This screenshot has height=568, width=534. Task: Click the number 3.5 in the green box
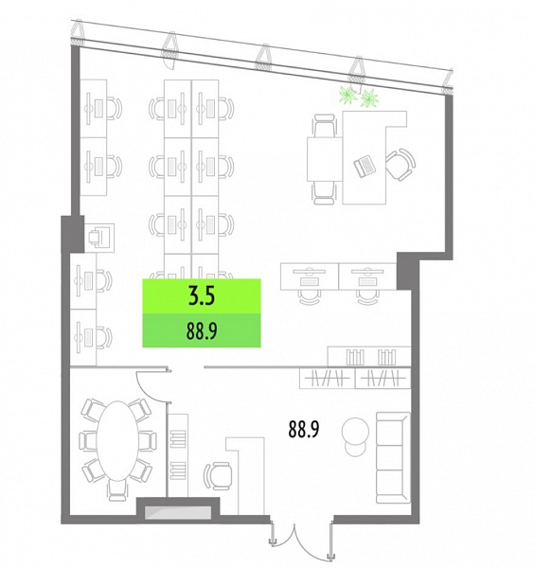click(x=202, y=295)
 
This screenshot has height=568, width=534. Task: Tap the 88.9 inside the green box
click(x=202, y=330)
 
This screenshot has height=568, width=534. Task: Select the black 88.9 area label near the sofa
click(x=304, y=429)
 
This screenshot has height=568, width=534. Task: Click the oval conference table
click(x=117, y=440)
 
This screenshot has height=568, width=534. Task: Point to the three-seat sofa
click(x=394, y=457)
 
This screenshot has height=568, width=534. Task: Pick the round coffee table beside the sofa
click(x=355, y=431)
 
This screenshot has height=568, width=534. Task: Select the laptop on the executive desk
click(x=365, y=166)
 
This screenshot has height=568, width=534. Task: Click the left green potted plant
click(x=348, y=95)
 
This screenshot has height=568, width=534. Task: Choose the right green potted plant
click(x=369, y=98)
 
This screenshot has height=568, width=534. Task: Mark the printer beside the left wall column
click(x=99, y=238)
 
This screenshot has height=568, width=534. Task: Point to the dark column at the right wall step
click(x=408, y=271)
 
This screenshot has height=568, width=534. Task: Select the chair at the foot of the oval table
click(x=117, y=490)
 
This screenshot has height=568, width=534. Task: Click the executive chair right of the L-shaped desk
click(x=400, y=165)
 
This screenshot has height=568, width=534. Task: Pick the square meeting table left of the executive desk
click(x=325, y=159)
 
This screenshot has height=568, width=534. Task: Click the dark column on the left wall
click(x=73, y=234)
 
